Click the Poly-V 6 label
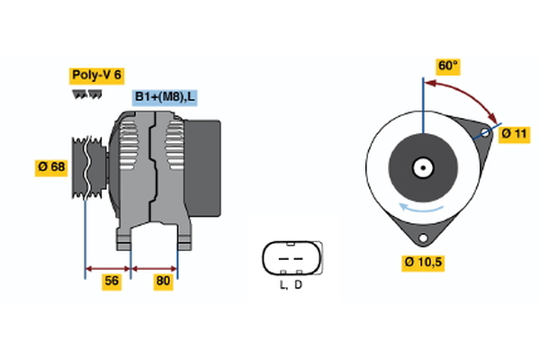tap(95, 76)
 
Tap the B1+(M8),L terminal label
tap(167, 97)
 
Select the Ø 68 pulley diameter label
tap(50, 166)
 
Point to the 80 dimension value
tap(163, 282)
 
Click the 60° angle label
tap(447, 66)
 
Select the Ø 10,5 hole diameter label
tap(423, 263)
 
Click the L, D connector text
tap(290, 285)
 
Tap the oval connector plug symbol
tap(290, 258)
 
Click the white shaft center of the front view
tap(422, 166)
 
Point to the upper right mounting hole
tap(484, 133)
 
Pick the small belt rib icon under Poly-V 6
tap(86, 94)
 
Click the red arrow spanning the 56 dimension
tap(108, 267)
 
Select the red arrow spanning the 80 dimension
tap(155, 267)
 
